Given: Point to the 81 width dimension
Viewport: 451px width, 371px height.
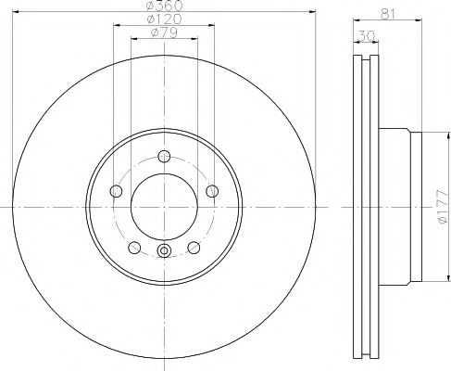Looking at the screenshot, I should [388, 13].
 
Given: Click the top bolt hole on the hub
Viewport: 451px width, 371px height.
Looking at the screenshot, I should [164, 155].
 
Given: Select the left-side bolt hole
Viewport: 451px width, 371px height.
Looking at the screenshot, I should [116, 191].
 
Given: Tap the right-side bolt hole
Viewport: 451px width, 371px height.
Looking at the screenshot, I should [212, 191].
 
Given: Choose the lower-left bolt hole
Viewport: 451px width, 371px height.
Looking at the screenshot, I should [134, 248].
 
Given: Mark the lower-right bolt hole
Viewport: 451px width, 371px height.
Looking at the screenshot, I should [194, 248].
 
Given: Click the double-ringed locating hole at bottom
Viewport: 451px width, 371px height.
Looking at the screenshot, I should [164, 249].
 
